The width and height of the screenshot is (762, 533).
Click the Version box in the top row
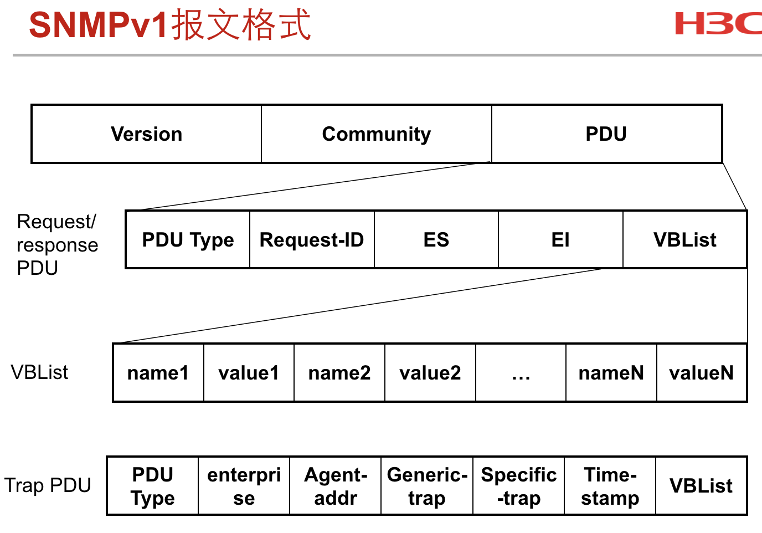click(146, 134)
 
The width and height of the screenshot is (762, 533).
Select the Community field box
click(377, 134)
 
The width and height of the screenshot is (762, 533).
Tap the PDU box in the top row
click(607, 134)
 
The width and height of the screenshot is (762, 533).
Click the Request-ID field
click(312, 239)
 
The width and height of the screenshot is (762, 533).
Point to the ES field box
click(436, 239)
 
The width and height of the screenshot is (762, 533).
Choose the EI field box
click(560, 239)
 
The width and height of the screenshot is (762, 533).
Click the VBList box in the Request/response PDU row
click(685, 239)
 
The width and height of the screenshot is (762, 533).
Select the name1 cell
click(158, 373)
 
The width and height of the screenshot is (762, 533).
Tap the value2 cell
click(430, 373)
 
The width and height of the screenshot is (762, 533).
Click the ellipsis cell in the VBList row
click(521, 373)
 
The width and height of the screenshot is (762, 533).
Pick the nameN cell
click(611, 373)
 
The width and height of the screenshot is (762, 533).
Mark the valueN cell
click(702, 373)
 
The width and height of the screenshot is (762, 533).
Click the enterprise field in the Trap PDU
click(244, 486)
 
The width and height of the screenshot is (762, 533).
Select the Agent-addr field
click(336, 486)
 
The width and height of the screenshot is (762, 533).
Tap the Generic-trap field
click(427, 486)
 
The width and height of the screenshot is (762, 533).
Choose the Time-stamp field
click(610, 486)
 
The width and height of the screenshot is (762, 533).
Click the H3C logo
click(718, 23)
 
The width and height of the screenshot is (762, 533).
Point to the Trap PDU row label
click(48, 485)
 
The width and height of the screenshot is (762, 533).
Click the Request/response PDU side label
click(57, 244)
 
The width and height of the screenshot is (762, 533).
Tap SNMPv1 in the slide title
click(98, 25)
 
